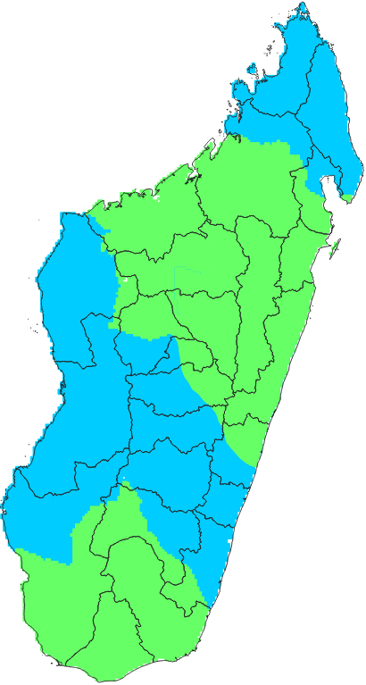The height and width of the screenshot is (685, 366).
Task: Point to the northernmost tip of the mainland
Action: pos(304,4)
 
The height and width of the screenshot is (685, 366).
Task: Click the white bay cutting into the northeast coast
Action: pos(327,186)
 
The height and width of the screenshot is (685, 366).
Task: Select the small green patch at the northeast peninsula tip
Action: pos(346,198)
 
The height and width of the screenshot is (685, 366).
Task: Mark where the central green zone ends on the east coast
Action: pos(256,465)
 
